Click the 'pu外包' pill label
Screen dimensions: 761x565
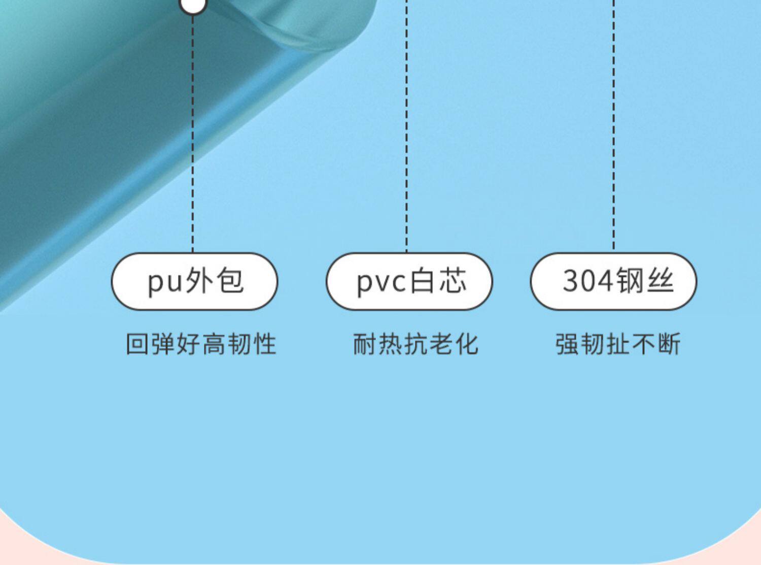pos(194,281)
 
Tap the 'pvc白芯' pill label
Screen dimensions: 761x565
pos(409,281)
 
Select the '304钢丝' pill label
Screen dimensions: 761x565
pos(613,281)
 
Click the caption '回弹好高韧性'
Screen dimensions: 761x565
pos(201,344)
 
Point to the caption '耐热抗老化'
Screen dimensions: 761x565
pos(416,344)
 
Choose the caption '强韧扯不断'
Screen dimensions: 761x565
pos(617,344)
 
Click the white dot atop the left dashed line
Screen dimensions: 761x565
pos(193,5)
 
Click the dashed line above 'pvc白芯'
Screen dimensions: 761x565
pos(406,127)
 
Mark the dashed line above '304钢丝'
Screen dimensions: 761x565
pos(613,127)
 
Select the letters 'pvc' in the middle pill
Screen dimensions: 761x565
pos(381,282)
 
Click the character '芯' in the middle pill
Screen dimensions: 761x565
pos(453,281)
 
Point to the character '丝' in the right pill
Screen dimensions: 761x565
pos(660,281)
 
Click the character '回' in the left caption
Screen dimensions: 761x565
pos(137,344)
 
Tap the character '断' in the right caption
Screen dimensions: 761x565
pos(669,344)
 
